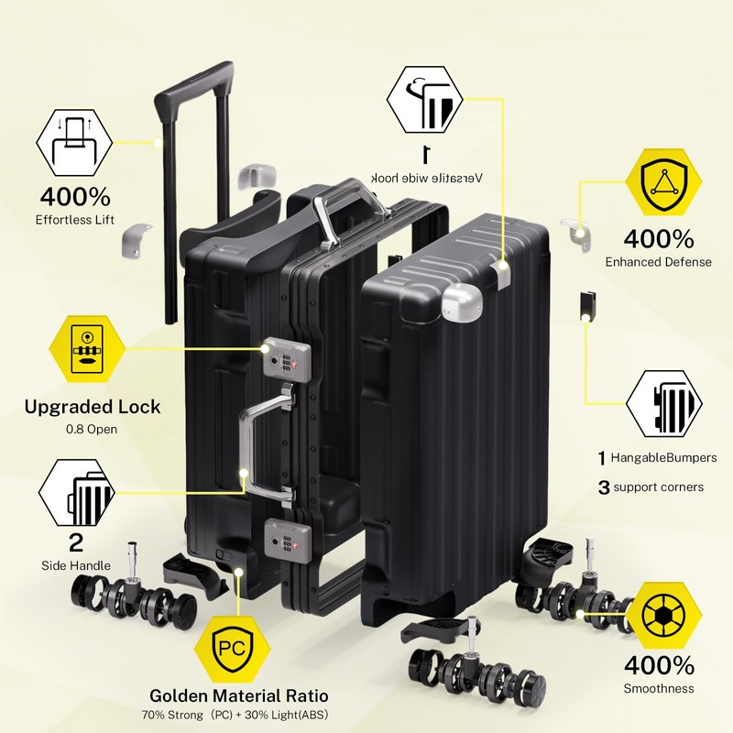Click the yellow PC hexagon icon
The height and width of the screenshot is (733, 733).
[230, 647]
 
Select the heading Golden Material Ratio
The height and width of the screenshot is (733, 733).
[238, 695]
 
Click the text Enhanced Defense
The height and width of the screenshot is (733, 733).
[658, 262]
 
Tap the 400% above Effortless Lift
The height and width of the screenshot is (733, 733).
[75, 196]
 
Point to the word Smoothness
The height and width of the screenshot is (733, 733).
[658, 688]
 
